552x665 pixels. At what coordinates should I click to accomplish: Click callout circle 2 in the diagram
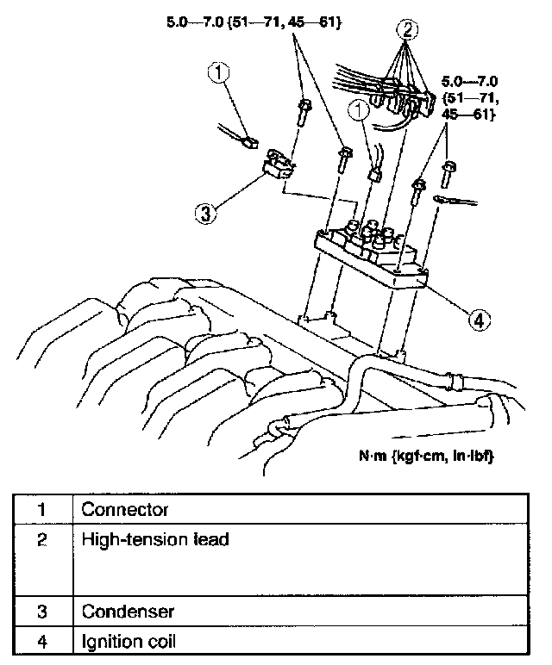(409, 30)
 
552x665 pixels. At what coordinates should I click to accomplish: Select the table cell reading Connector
(125, 509)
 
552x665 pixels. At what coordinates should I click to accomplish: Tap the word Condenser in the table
(128, 612)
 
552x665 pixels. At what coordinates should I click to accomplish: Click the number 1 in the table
(42, 509)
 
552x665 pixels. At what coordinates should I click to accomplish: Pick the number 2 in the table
(42, 540)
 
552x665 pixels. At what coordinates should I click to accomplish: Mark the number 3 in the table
(42, 612)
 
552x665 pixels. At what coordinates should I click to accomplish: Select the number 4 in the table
(42, 641)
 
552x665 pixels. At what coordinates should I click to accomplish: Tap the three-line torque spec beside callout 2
(470, 96)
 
